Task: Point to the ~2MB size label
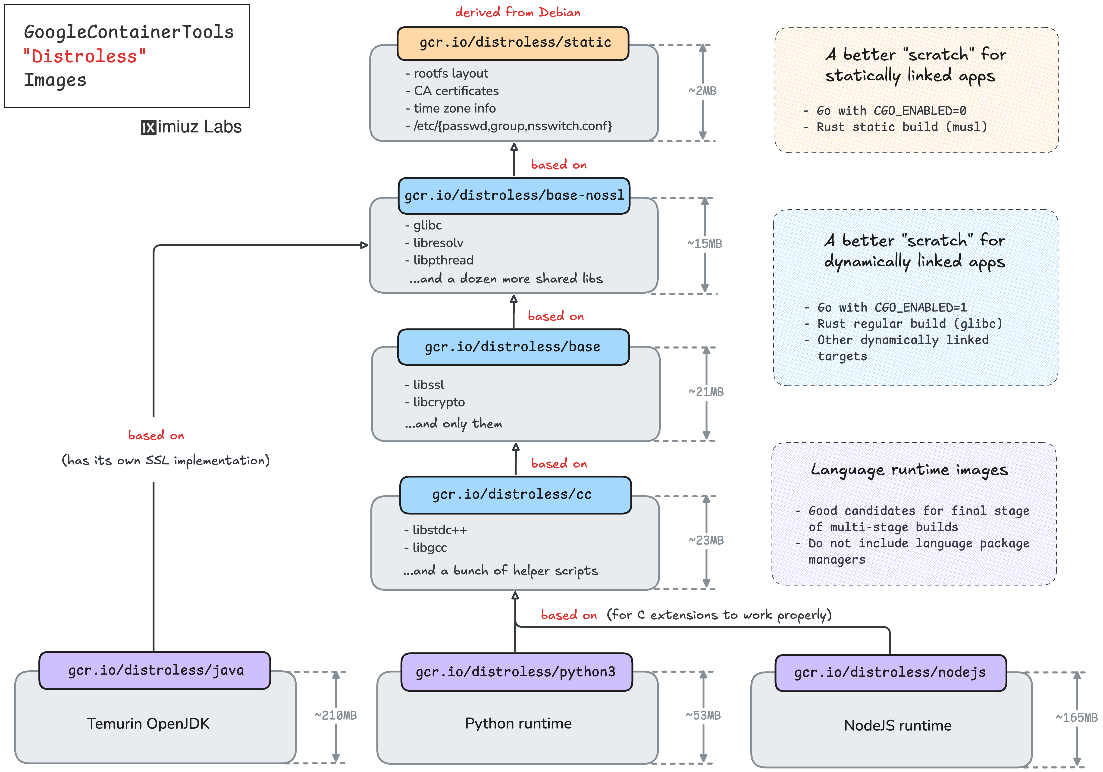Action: click(x=702, y=91)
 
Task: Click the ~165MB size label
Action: click(x=1076, y=718)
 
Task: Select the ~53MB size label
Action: click(x=703, y=715)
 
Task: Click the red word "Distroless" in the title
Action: click(x=85, y=56)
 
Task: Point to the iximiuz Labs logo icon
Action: click(x=148, y=127)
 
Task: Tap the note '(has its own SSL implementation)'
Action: click(x=166, y=460)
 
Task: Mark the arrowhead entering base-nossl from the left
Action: click(x=365, y=245)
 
